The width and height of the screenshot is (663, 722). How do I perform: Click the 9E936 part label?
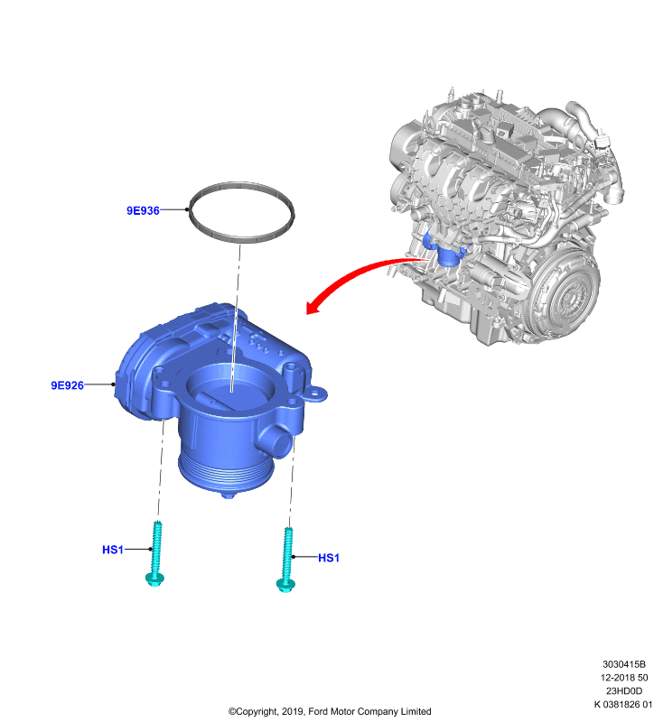143,210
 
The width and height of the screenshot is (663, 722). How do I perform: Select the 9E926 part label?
67,385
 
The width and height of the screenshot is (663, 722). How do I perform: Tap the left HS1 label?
113,550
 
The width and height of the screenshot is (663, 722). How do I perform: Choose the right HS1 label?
329,558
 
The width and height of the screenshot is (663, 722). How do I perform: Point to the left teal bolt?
155,554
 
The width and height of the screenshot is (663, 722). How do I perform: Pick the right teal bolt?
286,560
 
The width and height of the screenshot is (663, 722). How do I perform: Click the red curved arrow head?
313,307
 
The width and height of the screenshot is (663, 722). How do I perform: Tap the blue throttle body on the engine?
444,251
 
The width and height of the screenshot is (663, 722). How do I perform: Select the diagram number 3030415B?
624,664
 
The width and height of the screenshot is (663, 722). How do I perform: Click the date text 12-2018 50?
624,678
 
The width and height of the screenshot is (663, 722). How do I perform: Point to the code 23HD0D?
624,691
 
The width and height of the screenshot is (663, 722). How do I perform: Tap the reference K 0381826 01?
623,705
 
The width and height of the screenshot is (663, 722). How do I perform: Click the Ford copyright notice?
330,711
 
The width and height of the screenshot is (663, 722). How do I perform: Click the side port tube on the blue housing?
276,441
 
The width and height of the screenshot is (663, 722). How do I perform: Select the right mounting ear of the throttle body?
316,394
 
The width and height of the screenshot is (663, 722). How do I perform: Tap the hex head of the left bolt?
154,579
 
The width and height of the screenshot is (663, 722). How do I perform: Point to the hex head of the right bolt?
285,585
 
